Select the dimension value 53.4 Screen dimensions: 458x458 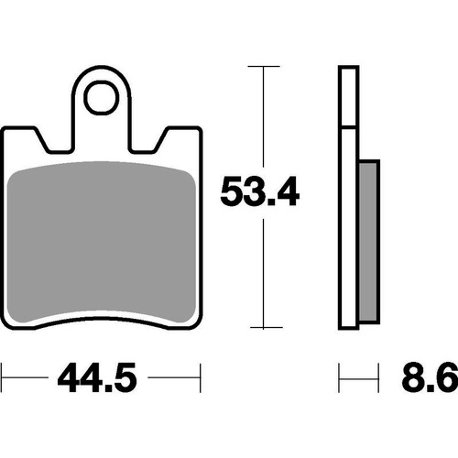[x=260, y=193]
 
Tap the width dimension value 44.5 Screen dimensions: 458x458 [x=101, y=376]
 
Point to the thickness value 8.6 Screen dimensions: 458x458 [x=426, y=376]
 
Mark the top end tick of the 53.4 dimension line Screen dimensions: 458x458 [x=264, y=66]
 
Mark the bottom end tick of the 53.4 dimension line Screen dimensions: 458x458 [x=264, y=328]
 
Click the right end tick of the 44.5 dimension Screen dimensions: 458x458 [x=199, y=376]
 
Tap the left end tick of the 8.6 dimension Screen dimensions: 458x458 [x=340, y=376]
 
